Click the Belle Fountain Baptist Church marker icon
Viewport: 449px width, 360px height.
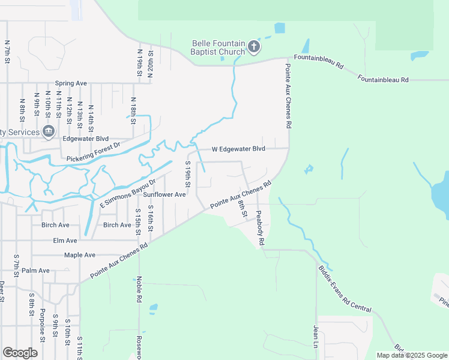pyautogui.click(x=254, y=47)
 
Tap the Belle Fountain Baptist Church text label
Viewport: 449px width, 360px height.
pyautogui.click(x=218, y=47)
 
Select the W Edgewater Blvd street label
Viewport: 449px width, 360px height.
pyautogui.click(x=238, y=148)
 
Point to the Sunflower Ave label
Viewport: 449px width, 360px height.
pyautogui.click(x=164, y=194)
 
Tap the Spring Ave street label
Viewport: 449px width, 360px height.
pyautogui.click(x=71, y=83)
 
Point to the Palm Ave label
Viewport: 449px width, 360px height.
pyautogui.click(x=35, y=271)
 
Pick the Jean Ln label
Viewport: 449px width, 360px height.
pyautogui.click(x=315, y=337)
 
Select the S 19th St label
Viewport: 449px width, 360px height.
pyautogui.click(x=188, y=174)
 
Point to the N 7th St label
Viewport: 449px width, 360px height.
pyautogui.click(x=7, y=52)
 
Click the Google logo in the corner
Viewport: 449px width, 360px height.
pyautogui.click(x=20, y=353)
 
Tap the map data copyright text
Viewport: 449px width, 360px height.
pyautogui.click(x=411, y=355)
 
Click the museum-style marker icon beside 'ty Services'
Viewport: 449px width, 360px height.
pyautogui.click(x=49, y=132)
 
